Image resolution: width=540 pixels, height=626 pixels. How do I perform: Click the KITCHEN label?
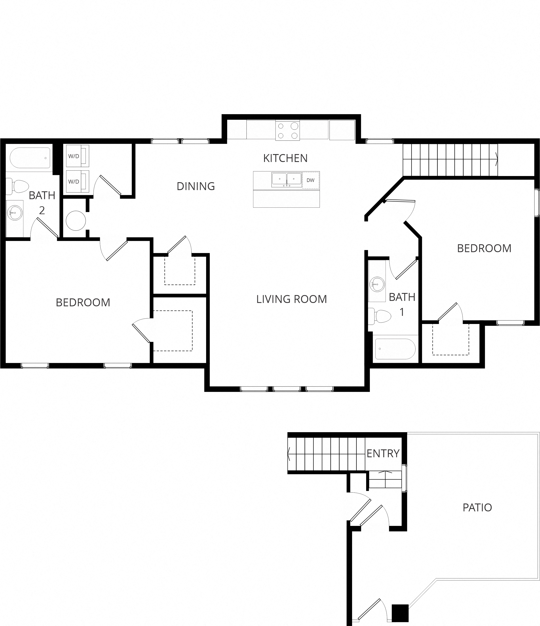285,158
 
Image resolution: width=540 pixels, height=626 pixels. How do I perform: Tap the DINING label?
196,186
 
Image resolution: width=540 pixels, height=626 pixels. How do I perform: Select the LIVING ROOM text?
292,299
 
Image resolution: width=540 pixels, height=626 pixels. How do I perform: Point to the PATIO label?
477,507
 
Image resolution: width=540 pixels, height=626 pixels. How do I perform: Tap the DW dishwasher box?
311,180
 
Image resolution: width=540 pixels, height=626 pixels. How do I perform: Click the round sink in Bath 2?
14,213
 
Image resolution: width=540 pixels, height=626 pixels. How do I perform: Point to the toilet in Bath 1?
380,316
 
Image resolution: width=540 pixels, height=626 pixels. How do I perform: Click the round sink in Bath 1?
377,284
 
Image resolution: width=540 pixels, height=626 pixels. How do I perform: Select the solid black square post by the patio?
400,612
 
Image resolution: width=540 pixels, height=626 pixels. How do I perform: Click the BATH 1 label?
402,304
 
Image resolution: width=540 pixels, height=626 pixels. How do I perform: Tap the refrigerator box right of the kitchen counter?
342,130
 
